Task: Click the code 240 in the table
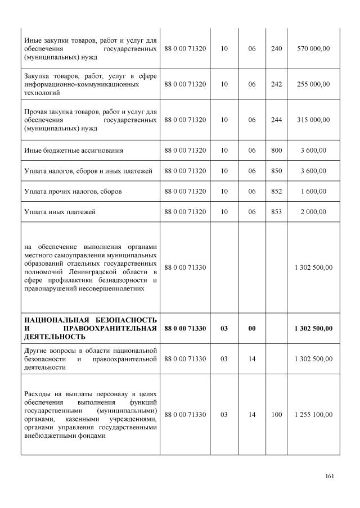pyautogui.click(x=276, y=49)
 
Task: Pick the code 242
pyautogui.click(x=276, y=84)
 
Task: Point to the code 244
pyautogui.click(x=276, y=120)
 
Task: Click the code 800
pyautogui.click(x=276, y=151)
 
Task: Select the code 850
pyautogui.click(x=276, y=171)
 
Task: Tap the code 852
pyautogui.click(x=276, y=192)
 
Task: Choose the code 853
pyautogui.click(x=276, y=212)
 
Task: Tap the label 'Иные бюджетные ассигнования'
pyautogui.click(x=74, y=151)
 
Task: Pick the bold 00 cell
pyautogui.click(x=252, y=328)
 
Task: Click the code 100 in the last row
pyautogui.click(x=276, y=415)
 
